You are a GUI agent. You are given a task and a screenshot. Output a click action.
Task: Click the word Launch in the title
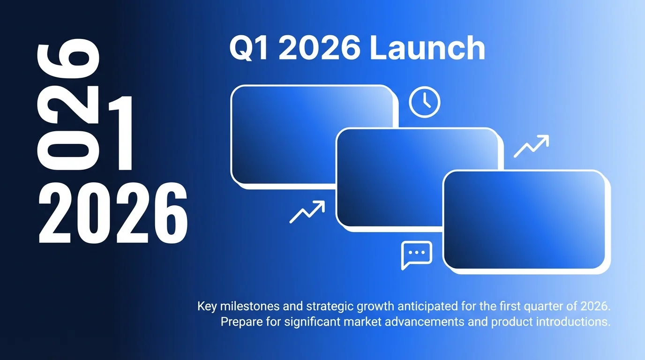pos(427,49)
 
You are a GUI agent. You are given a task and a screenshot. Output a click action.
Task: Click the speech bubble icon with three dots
pos(416,255)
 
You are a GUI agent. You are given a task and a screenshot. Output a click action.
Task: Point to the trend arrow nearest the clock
pos(531,146)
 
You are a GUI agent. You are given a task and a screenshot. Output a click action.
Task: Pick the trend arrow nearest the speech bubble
pos(307,211)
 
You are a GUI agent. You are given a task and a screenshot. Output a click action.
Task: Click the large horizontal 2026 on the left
pos(112,213)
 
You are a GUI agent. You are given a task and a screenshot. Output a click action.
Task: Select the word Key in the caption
pos(207,307)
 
